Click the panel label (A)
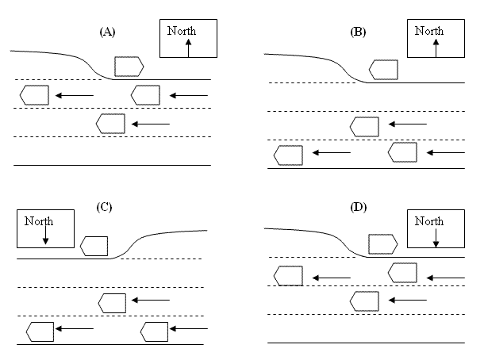pyautogui.click(x=108, y=32)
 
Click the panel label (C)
pyautogui.click(x=105, y=208)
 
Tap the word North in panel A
pyautogui.click(x=182, y=31)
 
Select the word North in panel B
pyautogui.click(x=429, y=31)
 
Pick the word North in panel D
pyautogui.click(x=429, y=221)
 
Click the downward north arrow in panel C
pyautogui.click(x=45, y=236)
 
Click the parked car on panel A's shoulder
pyautogui.click(x=129, y=67)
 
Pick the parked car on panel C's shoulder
pyautogui.click(x=96, y=245)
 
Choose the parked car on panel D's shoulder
pyautogui.click(x=382, y=244)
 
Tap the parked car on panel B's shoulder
pyautogui.click(x=383, y=70)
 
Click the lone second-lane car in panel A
pyautogui.click(x=110, y=124)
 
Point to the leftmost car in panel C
pyautogui.click(x=40, y=331)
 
